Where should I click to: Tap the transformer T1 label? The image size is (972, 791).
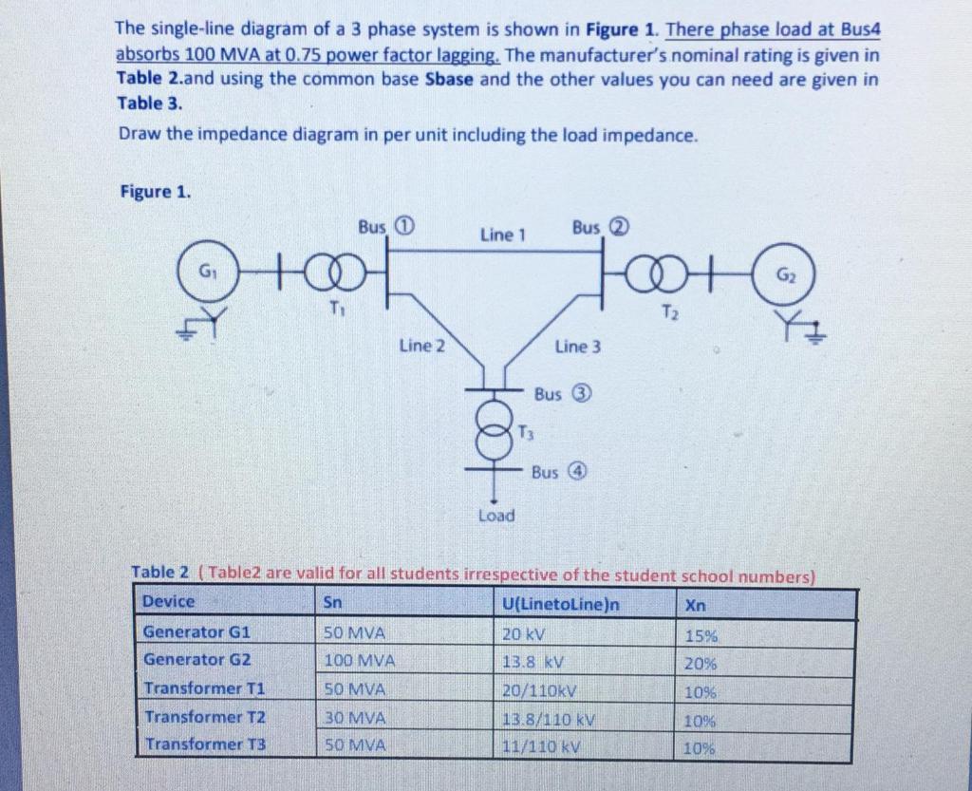tap(334, 307)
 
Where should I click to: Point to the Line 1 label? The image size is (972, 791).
tap(502, 234)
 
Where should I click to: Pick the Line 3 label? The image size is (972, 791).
tap(577, 347)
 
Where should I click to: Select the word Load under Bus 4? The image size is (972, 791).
tap(495, 516)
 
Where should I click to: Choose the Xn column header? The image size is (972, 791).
tap(694, 605)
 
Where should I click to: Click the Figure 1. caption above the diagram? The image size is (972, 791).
tap(155, 191)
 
